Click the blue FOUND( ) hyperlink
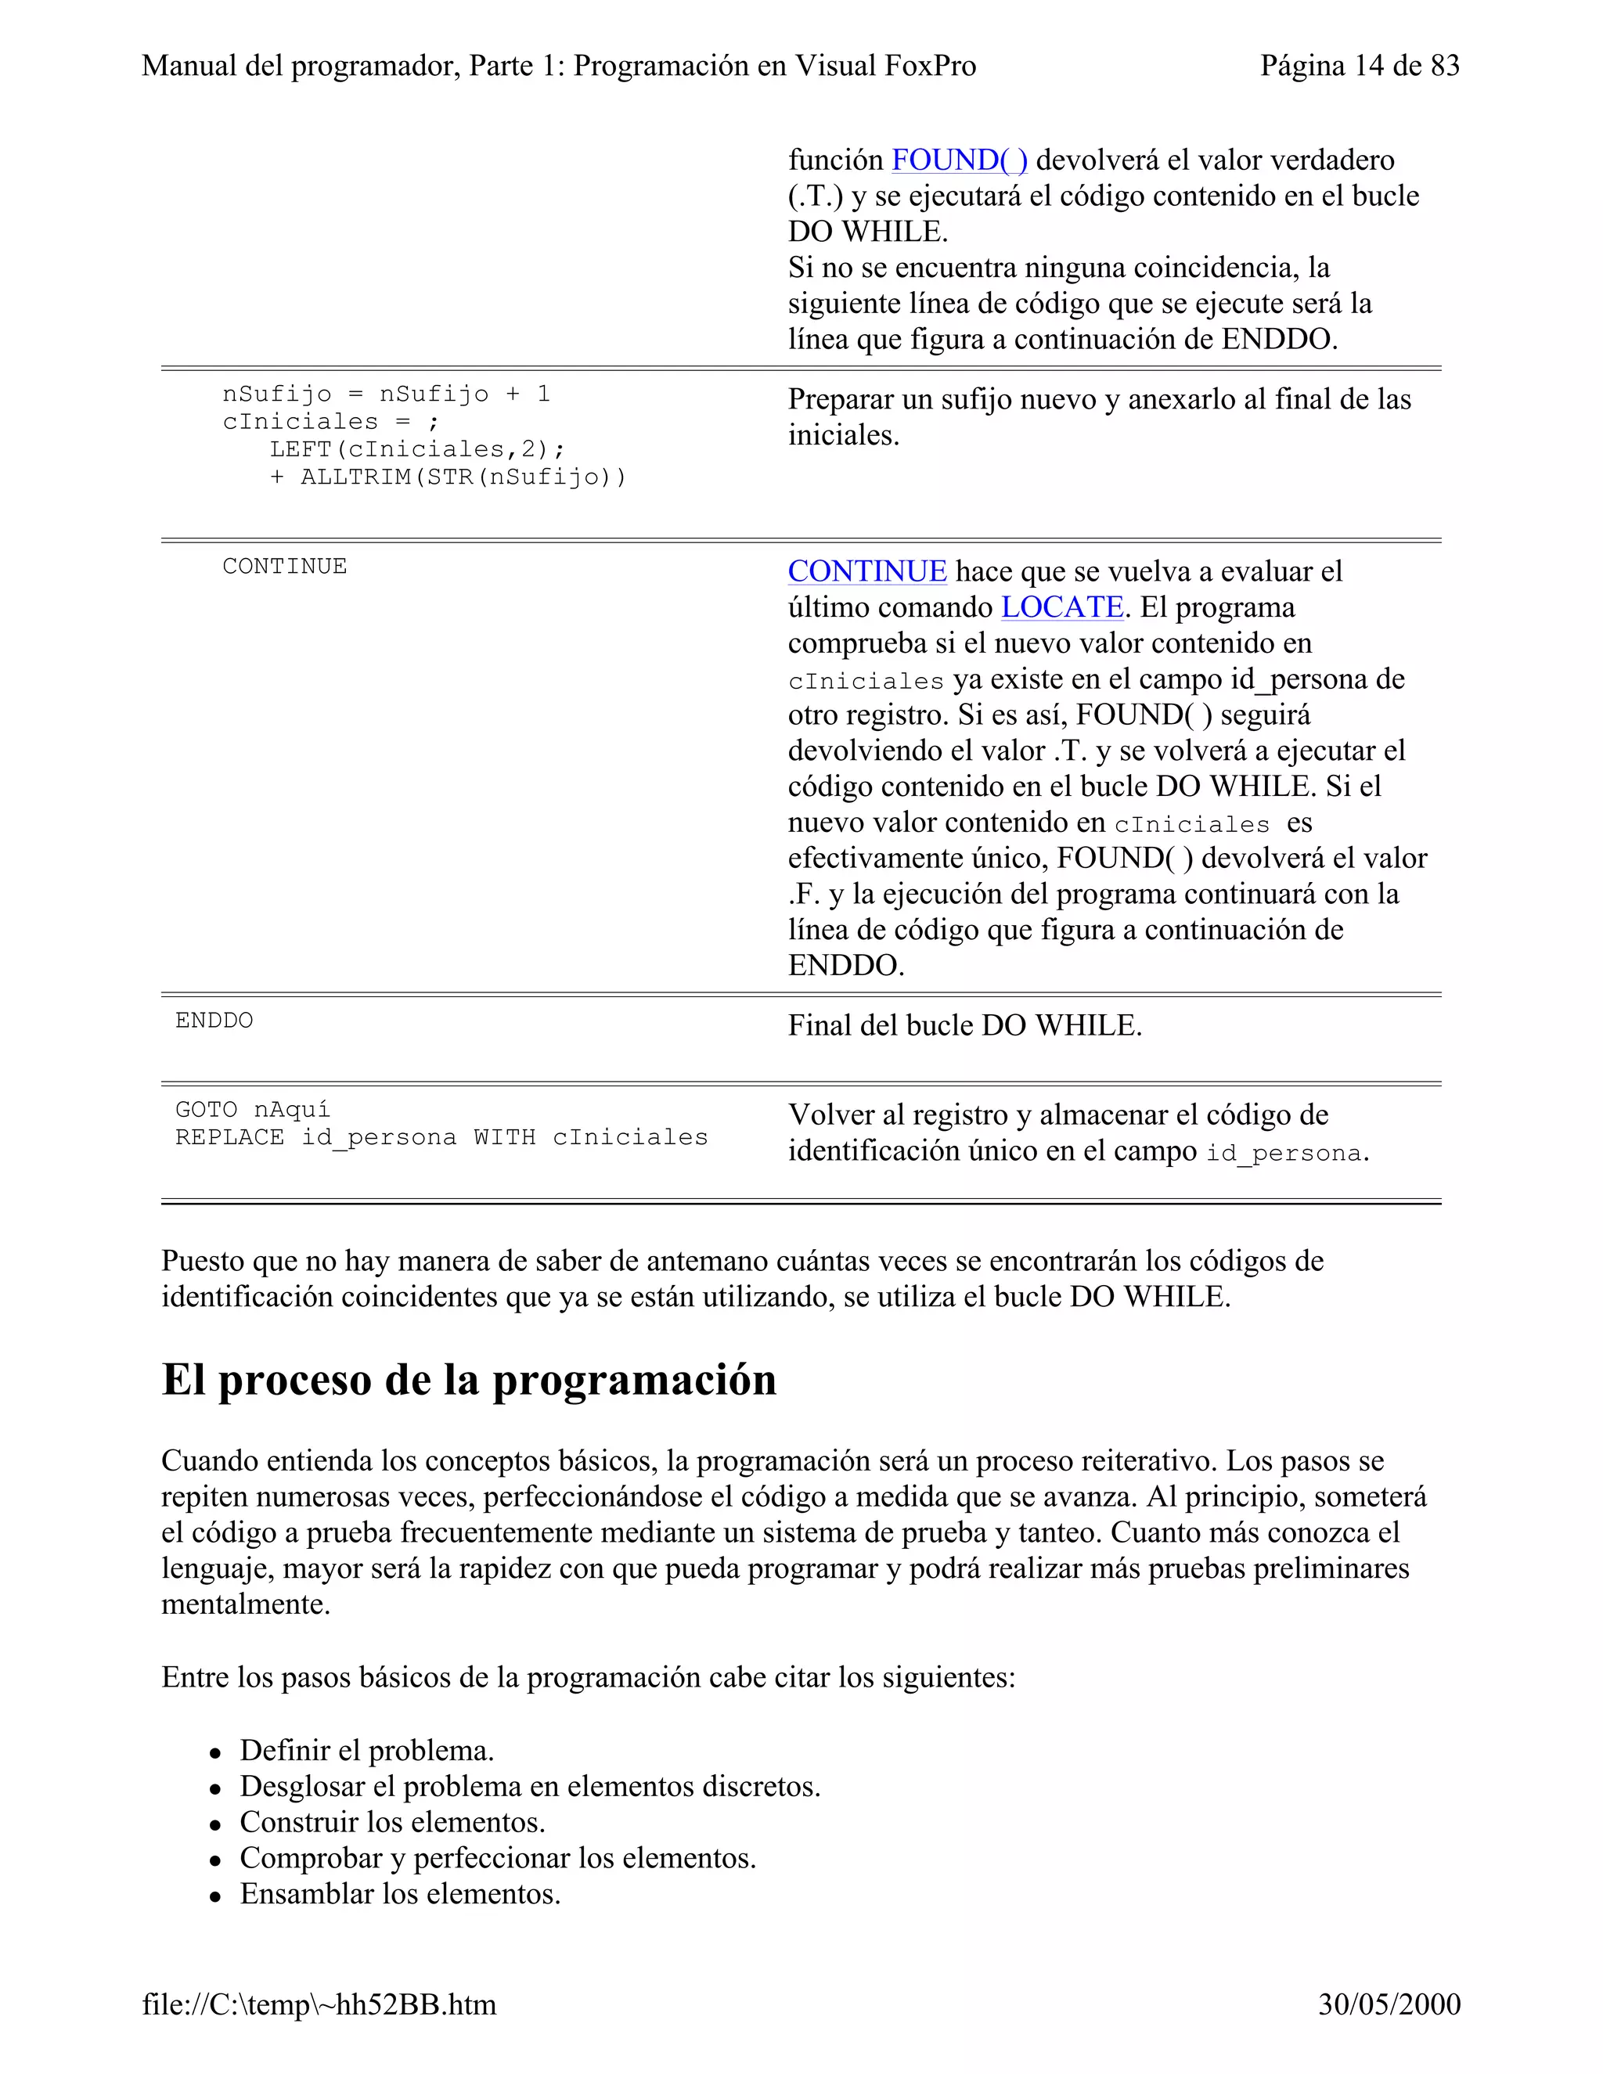click(x=958, y=160)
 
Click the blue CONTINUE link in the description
click(x=867, y=571)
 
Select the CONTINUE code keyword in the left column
click(x=284, y=566)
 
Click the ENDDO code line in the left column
click(x=214, y=1021)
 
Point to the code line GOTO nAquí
click(x=253, y=1109)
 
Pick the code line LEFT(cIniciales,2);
click(x=417, y=449)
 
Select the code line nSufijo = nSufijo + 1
click(x=386, y=394)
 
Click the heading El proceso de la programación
click(x=468, y=1379)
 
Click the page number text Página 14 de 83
click(x=1359, y=66)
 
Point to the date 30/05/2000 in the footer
click(x=1389, y=2004)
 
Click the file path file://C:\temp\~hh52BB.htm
click(x=319, y=2004)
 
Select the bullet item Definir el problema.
click(x=366, y=1750)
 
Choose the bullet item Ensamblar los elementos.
click(x=400, y=1893)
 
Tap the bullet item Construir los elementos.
click(x=392, y=1822)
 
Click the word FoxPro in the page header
click(x=930, y=66)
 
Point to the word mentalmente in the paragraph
click(x=245, y=1605)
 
